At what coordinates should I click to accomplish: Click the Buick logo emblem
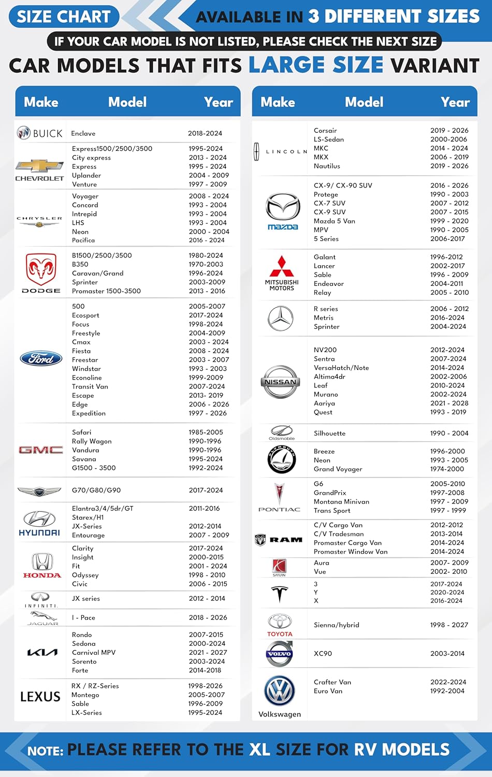(x=24, y=133)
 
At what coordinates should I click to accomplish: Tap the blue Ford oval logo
(x=41, y=358)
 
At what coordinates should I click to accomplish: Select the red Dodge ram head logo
(x=41, y=269)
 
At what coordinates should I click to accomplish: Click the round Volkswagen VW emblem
(x=280, y=690)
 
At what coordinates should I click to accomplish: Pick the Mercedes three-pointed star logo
(x=281, y=318)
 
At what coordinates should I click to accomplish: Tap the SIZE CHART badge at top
(x=64, y=17)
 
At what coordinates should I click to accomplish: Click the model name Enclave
(x=83, y=134)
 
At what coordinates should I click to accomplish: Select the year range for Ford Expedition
(x=208, y=413)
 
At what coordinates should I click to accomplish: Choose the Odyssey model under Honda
(x=85, y=575)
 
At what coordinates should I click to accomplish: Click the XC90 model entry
(x=323, y=654)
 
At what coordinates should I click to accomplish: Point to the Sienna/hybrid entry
(x=337, y=625)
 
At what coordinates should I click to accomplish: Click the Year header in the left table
(x=219, y=102)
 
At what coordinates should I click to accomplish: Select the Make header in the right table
(x=278, y=102)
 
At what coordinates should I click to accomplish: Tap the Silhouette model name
(x=329, y=434)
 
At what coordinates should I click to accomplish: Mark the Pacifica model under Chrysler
(x=83, y=240)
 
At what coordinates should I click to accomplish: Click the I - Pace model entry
(x=83, y=617)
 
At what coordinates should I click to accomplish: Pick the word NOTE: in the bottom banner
(x=46, y=751)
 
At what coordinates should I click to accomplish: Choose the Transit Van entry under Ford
(x=90, y=386)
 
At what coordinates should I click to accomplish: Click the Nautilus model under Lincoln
(x=327, y=166)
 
